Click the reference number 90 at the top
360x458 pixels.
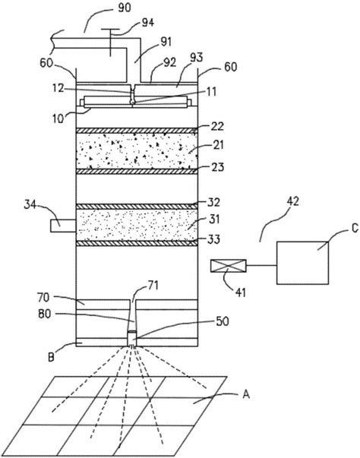125,8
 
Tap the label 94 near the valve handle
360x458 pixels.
148,23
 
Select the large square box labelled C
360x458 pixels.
302,263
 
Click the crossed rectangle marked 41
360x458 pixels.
229,266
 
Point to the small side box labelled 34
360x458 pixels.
63,226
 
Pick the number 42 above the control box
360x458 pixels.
292,201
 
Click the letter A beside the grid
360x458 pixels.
246,395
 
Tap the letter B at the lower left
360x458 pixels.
51,357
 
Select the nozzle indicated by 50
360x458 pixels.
132,339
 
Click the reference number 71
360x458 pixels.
153,285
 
